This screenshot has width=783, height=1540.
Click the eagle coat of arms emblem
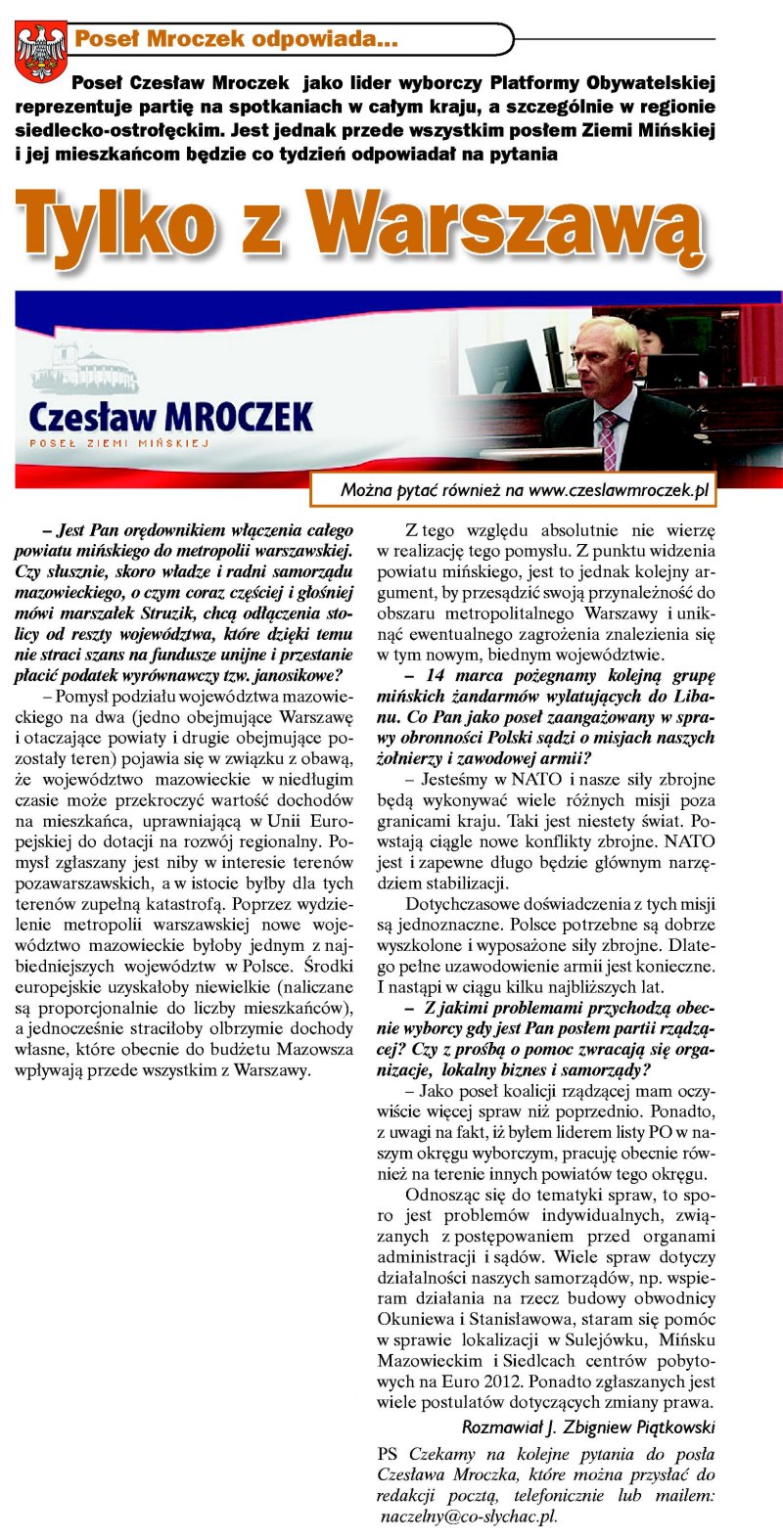[x=40, y=51]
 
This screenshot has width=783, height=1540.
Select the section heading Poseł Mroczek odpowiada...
[x=235, y=40]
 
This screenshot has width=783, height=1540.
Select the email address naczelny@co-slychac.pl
[x=469, y=1516]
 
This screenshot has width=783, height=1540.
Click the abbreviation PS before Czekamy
[x=388, y=1454]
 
